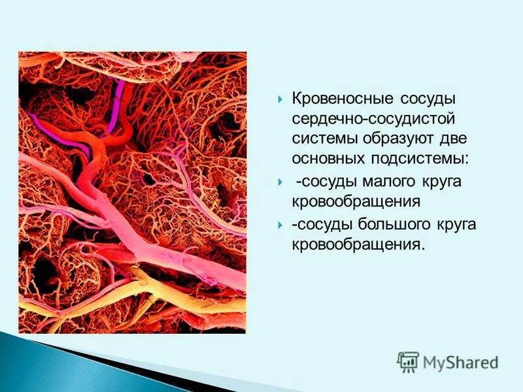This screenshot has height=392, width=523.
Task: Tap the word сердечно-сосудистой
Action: point(373,119)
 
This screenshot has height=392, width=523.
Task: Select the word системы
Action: point(323,139)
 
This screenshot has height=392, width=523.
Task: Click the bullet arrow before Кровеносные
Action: point(280,99)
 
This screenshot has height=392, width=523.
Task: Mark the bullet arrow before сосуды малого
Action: point(280,182)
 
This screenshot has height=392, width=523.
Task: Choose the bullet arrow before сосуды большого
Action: point(280,225)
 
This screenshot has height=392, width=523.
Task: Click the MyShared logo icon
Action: point(408,361)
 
